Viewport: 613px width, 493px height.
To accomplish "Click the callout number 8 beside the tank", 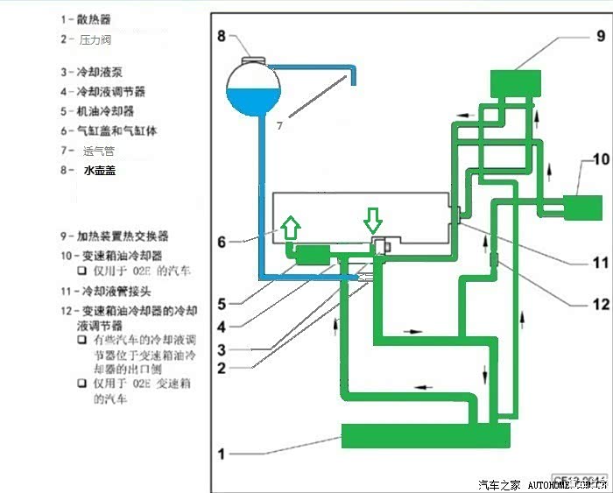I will click(x=222, y=36).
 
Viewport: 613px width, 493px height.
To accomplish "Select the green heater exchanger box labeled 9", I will click(x=515, y=83).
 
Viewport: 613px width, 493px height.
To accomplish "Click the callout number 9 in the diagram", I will click(x=601, y=36).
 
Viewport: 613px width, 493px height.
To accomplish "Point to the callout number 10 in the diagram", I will click(x=600, y=160).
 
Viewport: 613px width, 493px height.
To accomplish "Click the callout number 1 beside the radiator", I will click(x=222, y=454).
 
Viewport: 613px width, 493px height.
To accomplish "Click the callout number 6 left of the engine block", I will click(x=222, y=241).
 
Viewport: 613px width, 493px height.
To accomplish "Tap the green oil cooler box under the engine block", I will click(x=313, y=256).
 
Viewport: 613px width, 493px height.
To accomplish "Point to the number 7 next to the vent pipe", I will click(x=279, y=126).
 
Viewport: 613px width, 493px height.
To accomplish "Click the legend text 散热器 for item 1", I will click(x=95, y=19).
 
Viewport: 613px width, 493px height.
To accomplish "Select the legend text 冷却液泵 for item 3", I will click(x=100, y=72).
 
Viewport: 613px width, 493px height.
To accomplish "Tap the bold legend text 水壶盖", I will click(x=99, y=171).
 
